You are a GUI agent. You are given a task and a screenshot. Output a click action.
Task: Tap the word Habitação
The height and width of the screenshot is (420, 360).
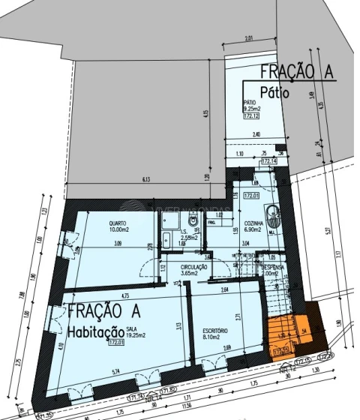95,331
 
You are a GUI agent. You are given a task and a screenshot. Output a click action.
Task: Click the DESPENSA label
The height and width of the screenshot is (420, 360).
271,267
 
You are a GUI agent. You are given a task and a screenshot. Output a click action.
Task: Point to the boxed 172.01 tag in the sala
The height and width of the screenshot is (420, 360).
115,343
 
